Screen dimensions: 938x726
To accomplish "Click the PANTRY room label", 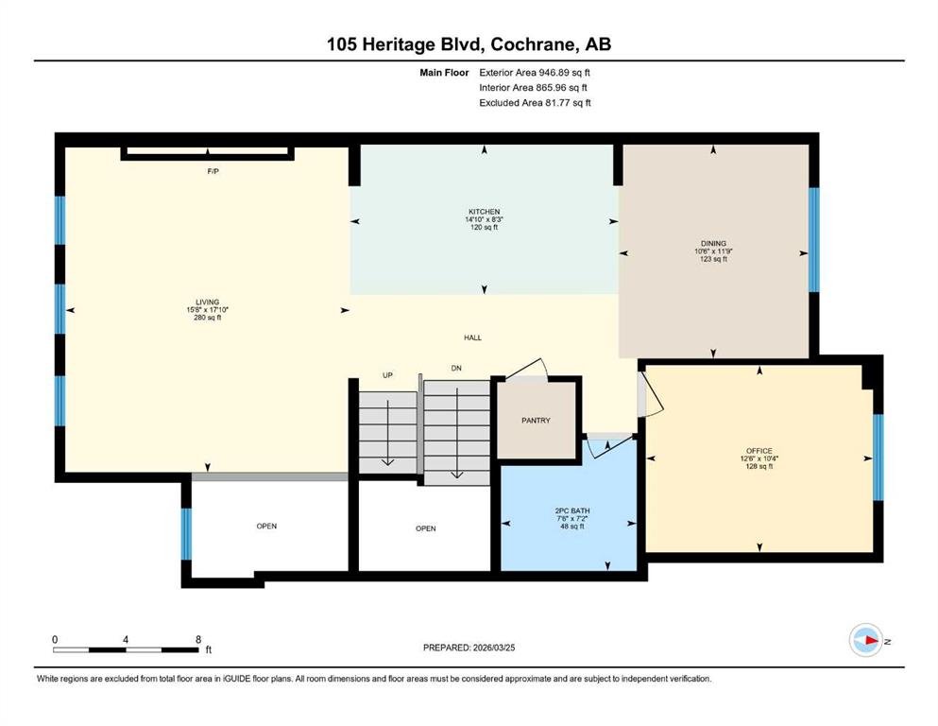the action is tap(536, 420).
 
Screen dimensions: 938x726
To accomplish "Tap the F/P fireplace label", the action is tap(213, 171).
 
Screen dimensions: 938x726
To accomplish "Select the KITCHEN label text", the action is tap(484, 212).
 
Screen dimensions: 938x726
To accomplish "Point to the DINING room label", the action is tap(714, 244).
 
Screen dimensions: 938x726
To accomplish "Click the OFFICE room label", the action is tap(759, 451).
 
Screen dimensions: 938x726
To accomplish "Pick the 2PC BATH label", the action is tap(572, 511).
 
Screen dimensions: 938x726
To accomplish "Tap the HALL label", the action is tap(472, 337).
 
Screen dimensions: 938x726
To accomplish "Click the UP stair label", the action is tap(387, 375).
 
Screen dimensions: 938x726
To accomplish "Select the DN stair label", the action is tap(456, 368).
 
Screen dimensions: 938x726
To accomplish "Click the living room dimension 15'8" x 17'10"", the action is tap(208, 310).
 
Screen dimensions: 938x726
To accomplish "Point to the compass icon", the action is tap(865, 640).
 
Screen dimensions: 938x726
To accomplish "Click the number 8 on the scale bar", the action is tap(198, 639).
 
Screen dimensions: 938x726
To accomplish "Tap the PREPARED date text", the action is tap(469, 648).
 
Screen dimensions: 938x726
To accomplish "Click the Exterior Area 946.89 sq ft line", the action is tap(535, 73).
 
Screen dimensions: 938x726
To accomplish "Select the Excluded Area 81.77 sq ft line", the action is tap(535, 103).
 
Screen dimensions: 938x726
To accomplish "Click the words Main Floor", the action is tap(444, 73).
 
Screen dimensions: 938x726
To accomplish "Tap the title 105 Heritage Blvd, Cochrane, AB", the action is tap(469, 44).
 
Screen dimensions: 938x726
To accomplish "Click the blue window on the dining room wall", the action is tap(813, 240).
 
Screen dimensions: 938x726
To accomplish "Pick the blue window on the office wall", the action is tap(878, 458).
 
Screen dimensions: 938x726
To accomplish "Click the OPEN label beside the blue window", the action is tap(266, 527).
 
